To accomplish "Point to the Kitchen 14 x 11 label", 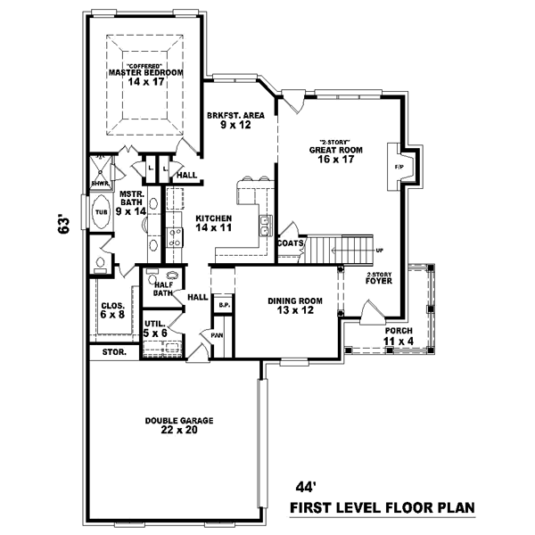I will [x=214, y=223].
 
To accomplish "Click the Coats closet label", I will [x=291, y=243].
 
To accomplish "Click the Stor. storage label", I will [x=113, y=352].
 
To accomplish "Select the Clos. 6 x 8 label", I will [x=112, y=309].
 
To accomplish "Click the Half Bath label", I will [x=161, y=288].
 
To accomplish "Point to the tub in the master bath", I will [x=101, y=213].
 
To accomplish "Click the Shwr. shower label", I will [x=100, y=184].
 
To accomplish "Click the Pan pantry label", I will [x=217, y=335].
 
